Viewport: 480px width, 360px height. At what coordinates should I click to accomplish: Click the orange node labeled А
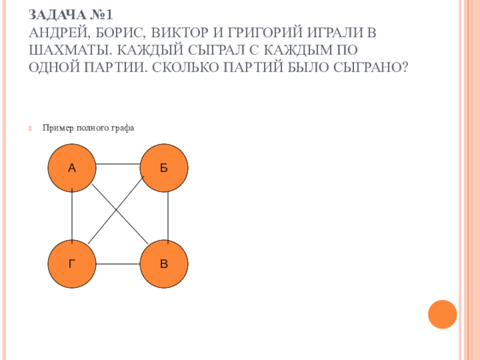[x=72, y=169]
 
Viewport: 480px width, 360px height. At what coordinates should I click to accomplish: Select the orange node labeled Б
[x=164, y=169]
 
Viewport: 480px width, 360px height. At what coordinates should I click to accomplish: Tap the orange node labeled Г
[x=72, y=264]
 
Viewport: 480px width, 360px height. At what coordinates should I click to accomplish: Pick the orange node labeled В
[x=164, y=264]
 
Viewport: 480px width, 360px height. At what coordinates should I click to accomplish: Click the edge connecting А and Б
[x=118, y=164]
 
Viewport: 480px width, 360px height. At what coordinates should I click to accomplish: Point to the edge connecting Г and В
[x=118, y=265]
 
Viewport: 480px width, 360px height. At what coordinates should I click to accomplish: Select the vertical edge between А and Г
[x=72, y=216]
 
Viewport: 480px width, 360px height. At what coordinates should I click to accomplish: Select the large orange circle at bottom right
[x=442, y=313]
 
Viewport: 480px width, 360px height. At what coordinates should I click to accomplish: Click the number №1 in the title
[x=98, y=13]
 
